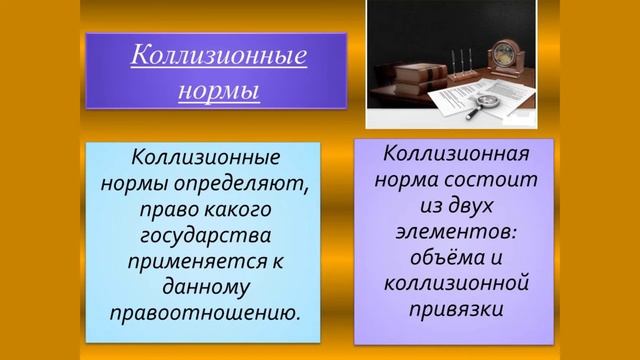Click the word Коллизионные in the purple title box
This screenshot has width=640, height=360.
tap(218, 55)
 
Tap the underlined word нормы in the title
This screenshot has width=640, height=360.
tap(218, 90)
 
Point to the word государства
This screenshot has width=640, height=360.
tap(204, 237)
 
